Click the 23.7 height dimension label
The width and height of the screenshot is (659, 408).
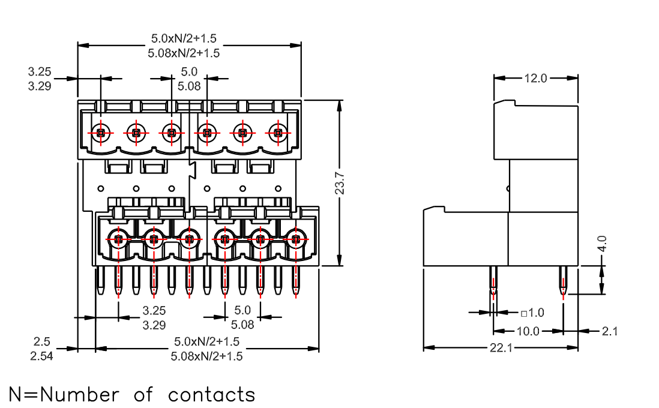(340, 183)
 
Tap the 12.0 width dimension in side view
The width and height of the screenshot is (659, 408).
(535, 78)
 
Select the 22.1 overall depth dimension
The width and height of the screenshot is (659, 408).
(501, 348)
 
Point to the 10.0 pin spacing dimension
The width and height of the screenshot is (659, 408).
(528, 332)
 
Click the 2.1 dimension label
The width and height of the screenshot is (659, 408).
(610, 332)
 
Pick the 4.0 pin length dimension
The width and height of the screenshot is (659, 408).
(602, 244)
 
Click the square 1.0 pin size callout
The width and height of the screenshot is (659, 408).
(532, 313)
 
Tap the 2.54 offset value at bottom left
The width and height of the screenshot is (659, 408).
(41, 356)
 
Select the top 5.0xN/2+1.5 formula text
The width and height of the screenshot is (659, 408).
(184, 38)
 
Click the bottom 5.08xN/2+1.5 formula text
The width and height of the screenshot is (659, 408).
(207, 356)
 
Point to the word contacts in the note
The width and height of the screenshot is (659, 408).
(211, 395)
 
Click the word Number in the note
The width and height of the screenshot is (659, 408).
(80, 395)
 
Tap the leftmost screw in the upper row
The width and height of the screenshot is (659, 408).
(100, 133)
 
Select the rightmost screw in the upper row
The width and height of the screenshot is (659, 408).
(278, 133)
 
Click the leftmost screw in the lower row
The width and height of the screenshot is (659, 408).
(118, 239)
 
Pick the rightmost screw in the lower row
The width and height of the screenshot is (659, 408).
(296, 239)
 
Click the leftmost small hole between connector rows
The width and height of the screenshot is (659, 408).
(100, 188)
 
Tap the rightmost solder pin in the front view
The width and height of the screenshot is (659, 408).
(296, 280)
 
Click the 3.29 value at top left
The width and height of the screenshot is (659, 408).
(40, 86)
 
